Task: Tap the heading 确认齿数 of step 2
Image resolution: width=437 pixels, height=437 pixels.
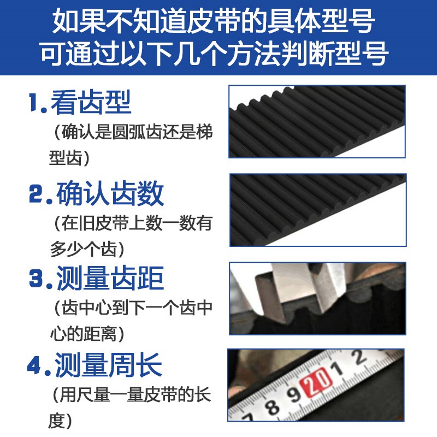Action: tap(110, 193)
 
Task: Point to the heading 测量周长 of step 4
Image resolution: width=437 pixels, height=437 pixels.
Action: tap(109, 365)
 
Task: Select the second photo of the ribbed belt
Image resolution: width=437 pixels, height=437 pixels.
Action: tap(317, 211)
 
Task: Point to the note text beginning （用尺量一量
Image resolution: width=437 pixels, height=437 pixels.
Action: tap(129, 407)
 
